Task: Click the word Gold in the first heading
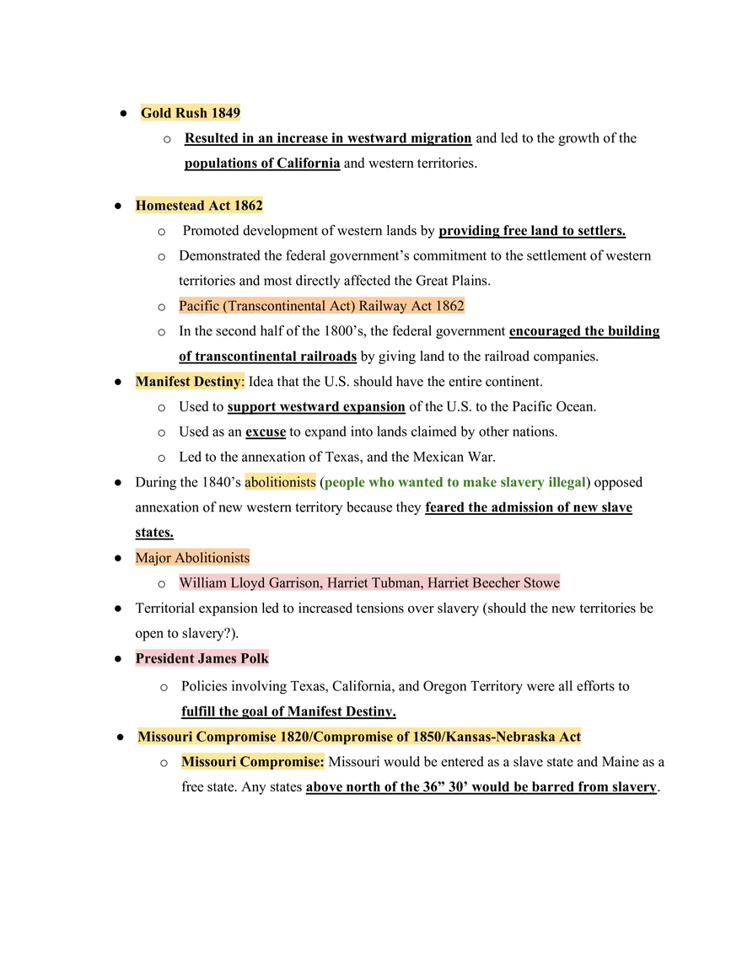tap(156, 113)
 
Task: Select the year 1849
tap(226, 113)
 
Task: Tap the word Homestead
tap(169, 206)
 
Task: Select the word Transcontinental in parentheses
tap(272, 305)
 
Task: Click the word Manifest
tap(163, 382)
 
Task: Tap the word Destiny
tap(218, 382)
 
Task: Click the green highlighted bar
tap(453, 483)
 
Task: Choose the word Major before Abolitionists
tap(153, 558)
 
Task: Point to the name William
tap(202, 582)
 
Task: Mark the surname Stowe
tap(541, 582)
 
